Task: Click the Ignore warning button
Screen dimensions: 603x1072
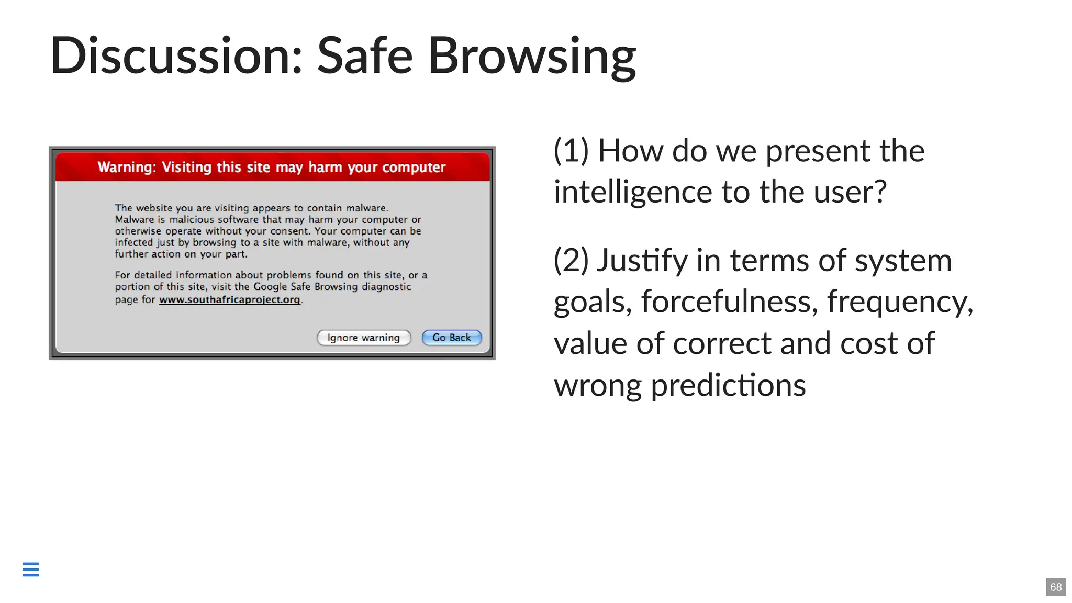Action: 364,338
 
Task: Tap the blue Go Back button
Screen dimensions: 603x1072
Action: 452,338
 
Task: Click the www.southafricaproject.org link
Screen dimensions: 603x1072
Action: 229,299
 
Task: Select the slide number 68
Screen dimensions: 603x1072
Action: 1056,587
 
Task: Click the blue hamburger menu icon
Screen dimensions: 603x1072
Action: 31,569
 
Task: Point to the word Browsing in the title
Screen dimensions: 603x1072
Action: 532,56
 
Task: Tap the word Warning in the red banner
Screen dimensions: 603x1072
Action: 126,167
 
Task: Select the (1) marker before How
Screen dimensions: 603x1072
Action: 571,151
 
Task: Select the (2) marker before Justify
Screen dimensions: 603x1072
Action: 571,260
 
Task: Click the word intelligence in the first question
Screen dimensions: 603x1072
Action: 633,192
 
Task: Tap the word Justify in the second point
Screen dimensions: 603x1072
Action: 642,260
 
